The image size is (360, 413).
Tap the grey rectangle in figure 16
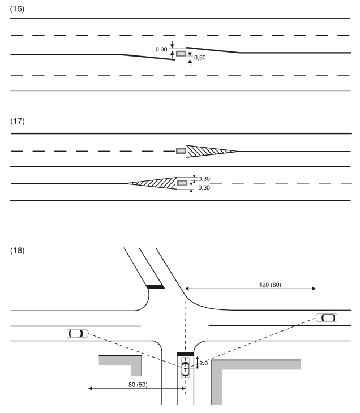tap(181, 54)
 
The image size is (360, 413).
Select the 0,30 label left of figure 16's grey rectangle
tap(161, 50)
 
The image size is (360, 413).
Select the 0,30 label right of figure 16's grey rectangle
tap(200, 57)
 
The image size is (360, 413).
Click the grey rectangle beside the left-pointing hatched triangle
tap(182, 183)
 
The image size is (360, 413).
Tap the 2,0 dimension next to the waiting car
tap(203, 363)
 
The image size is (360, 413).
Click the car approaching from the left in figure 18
tap(76, 333)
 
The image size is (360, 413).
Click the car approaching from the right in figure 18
tap(327, 317)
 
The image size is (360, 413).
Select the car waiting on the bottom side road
tap(185, 368)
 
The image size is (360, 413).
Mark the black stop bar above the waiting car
tap(185, 354)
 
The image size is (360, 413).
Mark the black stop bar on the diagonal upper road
tap(155, 286)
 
